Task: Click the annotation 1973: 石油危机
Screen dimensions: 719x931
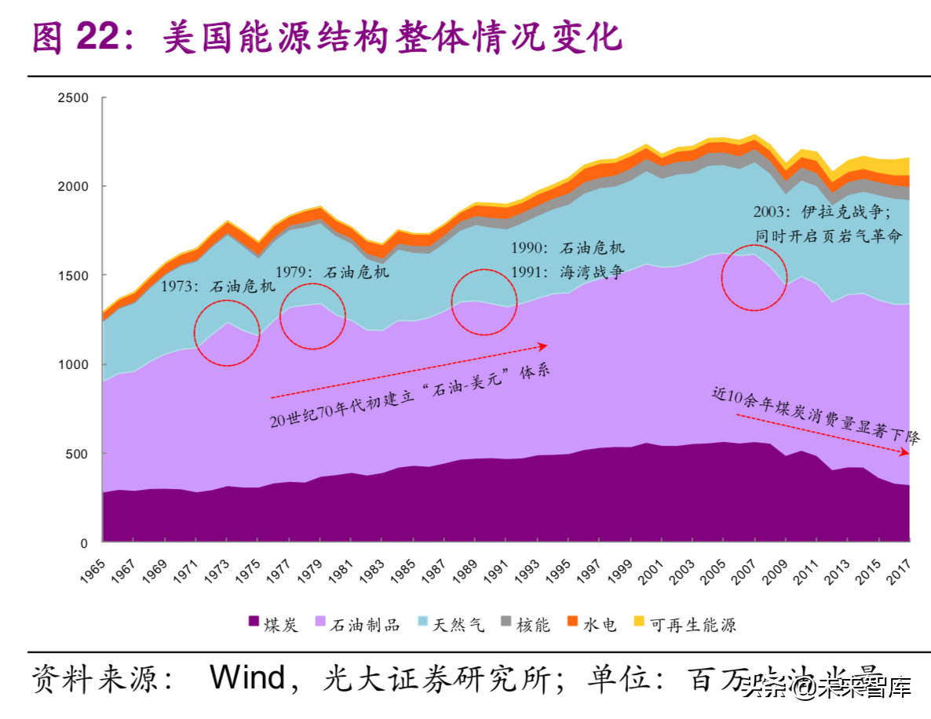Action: tap(217, 287)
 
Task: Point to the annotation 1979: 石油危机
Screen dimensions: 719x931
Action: tap(342, 272)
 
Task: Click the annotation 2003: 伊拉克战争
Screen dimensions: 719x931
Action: tap(820, 211)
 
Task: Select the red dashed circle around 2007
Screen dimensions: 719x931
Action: tap(754, 276)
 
